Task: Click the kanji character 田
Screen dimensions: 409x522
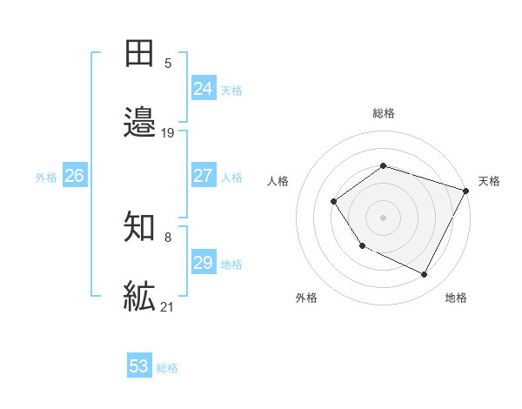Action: coord(140,54)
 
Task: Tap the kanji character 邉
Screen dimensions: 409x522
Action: coord(140,123)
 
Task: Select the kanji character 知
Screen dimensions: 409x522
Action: coord(140,228)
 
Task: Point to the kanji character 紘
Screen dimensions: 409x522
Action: coord(140,297)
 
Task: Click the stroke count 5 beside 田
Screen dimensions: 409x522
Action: coord(168,64)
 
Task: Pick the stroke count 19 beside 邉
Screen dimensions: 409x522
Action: coord(168,133)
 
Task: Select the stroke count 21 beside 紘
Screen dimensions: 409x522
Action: coord(168,307)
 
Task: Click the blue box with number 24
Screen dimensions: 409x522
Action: coord(204,89)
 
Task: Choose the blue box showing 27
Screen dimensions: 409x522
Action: coord(204,176)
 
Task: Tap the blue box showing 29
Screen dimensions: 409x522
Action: coord(204,263)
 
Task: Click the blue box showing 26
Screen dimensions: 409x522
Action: coord(74,176)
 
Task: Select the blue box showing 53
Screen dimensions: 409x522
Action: coord(139,366)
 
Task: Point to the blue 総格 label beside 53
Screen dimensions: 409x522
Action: coord(168,368)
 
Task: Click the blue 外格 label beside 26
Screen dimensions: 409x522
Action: coord(46,178)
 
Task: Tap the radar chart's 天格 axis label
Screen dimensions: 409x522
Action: coord(490,181)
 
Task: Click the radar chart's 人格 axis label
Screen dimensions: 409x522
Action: coord(278,181)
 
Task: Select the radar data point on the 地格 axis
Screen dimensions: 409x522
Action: coord(424,275)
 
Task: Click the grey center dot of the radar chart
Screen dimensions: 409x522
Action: coord(383,218)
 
